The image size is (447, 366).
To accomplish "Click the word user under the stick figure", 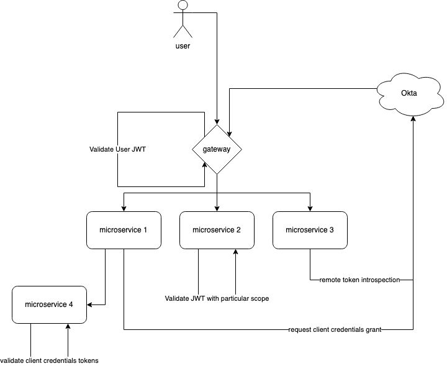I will (183, 46).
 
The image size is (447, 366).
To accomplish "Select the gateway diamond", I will (217, 150).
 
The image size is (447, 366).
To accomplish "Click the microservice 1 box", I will (124, 230).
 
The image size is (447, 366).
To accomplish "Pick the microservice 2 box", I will (217, 230).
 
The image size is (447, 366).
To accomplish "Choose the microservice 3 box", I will (310, 230).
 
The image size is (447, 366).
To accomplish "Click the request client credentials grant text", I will (334, 329).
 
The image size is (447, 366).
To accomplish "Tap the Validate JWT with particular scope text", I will (217, 298).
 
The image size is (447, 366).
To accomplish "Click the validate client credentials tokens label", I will (49, 360).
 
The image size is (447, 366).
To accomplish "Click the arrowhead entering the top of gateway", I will (217, 121).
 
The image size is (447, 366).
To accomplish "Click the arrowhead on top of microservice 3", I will (310, 208).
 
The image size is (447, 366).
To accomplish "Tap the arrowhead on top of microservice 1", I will (124, 208).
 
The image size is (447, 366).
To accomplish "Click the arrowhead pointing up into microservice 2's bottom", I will (235, 252).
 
